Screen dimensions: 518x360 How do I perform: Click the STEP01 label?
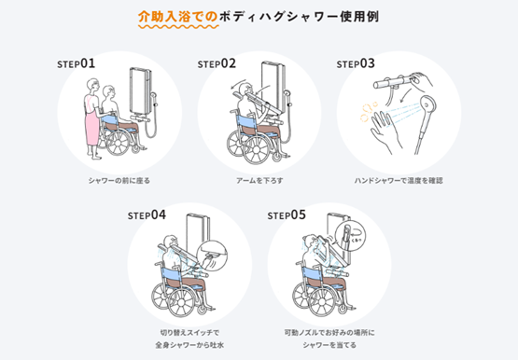click(x=76, y=63)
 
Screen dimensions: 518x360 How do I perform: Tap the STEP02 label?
click(x=217, y=63)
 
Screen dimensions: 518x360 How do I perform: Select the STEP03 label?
click(x=356, y=63)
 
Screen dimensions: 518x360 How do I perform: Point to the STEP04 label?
click(x=147, y=215)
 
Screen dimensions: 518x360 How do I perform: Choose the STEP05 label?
click(x=287, y=215)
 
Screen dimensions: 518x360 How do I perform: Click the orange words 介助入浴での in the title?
click(x=177, y=16)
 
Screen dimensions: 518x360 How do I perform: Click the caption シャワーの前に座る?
click(x=119, y=181)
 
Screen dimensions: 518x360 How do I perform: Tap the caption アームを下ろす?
click(x=259, y=181)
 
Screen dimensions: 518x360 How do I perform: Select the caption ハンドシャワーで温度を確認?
click(x=399, y=181)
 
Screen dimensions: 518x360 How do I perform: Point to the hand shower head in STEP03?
click(x=428, y=105)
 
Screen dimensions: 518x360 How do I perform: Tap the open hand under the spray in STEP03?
click(x=384, y=131)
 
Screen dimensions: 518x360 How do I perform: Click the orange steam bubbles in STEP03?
click(x=367, y=112)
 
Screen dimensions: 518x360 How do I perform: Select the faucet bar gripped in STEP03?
click(x=393, y=82)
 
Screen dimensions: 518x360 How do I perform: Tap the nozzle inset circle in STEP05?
click(x=351, y=236)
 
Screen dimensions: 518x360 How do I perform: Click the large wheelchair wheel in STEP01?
click(x=118, y=143)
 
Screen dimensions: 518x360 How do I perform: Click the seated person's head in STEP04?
click(x=171, y=242)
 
